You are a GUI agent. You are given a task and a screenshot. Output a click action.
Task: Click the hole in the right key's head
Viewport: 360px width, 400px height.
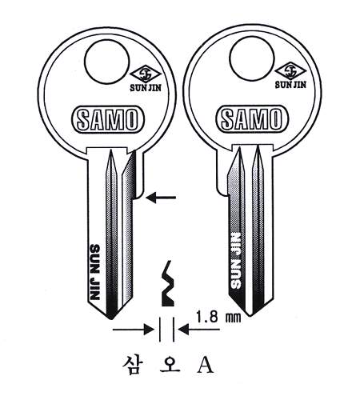[x=251, y=58]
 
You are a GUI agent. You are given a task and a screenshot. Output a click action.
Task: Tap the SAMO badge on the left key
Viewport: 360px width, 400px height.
[x=108, y=120]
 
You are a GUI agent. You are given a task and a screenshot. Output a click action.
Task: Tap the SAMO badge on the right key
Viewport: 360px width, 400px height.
[x=252, y=118]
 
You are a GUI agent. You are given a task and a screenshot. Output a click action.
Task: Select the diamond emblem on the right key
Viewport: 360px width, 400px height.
[x=290, y=70]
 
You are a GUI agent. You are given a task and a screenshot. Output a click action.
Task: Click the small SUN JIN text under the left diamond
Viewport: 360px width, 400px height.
[x=146, y=88]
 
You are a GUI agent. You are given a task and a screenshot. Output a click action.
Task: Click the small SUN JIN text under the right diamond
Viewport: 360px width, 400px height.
[x=290, y=85]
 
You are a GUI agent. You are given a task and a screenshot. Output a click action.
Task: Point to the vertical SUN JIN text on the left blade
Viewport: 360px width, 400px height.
[x=95, y=272]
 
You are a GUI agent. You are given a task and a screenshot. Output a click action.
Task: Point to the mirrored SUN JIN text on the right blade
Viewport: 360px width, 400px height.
[x=235, y=261]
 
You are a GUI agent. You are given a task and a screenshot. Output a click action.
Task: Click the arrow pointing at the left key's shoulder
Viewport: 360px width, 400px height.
[x=161, y=198]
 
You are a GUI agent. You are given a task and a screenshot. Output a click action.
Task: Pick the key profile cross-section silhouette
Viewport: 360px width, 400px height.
[x=167, y=283]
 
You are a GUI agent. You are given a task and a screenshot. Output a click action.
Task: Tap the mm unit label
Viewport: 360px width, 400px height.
[x=234, y=318]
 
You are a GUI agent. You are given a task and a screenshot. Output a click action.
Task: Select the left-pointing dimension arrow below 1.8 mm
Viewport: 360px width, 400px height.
[x=199, y=330]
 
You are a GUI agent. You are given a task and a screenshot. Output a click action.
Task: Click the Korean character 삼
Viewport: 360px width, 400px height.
[x=132, y=364]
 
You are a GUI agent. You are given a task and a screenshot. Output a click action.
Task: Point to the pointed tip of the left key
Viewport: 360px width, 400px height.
[x=111, y=318]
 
